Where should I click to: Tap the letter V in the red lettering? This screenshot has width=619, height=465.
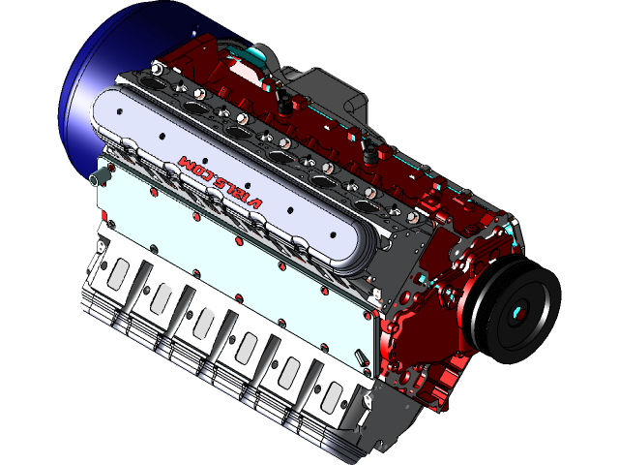tap(256, 202)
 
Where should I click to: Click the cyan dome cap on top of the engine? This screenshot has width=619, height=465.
tap(251, 51)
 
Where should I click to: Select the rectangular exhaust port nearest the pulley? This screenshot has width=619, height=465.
tap(334, 395)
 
